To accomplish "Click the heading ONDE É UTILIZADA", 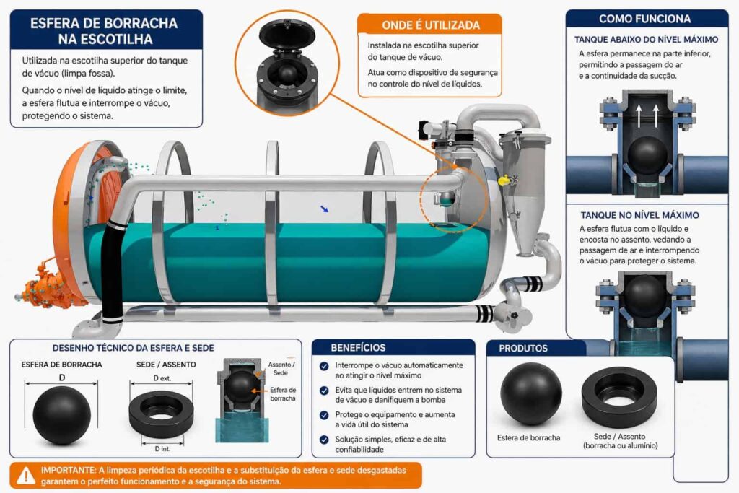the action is (431, 25).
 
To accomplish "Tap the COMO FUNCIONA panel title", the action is (644, 19).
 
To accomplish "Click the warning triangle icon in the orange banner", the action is (26, 476).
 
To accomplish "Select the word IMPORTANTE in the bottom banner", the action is (68, 470).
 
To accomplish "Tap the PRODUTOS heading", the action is (523, 349).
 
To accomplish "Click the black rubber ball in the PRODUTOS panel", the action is (530, 394).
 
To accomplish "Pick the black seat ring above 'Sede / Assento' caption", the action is (619, 397).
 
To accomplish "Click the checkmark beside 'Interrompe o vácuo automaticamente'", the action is (324, 366).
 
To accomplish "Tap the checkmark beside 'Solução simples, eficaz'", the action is (324, 440).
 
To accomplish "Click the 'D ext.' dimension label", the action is (162, 378).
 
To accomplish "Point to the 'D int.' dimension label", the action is (162, 449).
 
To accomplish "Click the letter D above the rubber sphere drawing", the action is (62, 378).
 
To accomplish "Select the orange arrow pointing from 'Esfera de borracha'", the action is (259, 391).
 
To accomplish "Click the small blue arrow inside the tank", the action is (324, 209).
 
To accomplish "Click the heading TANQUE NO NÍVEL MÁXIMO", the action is (639, 215).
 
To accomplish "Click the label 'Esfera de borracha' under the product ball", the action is (528, 438).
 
